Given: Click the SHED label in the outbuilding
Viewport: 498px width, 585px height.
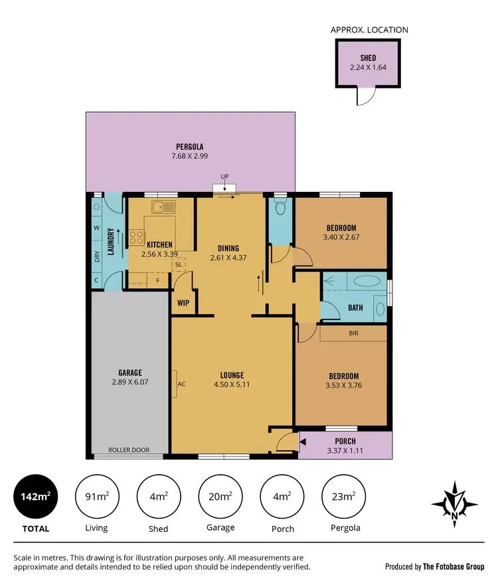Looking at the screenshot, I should (368, 58).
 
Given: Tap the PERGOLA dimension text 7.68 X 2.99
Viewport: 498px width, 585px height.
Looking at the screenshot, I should (189, 156).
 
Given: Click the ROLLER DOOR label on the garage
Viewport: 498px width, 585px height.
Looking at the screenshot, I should (129, 450).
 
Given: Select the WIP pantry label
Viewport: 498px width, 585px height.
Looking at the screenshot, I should (183, 303).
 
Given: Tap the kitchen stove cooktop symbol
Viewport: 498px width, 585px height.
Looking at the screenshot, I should (137, 236).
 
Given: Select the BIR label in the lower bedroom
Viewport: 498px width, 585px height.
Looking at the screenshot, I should (353, 333).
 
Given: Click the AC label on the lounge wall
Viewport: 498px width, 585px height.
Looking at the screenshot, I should (181, 384).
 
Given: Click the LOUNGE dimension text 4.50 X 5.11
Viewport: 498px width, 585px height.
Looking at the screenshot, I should (232, 384).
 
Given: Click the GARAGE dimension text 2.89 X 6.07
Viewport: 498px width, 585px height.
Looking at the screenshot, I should (126, 383).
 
